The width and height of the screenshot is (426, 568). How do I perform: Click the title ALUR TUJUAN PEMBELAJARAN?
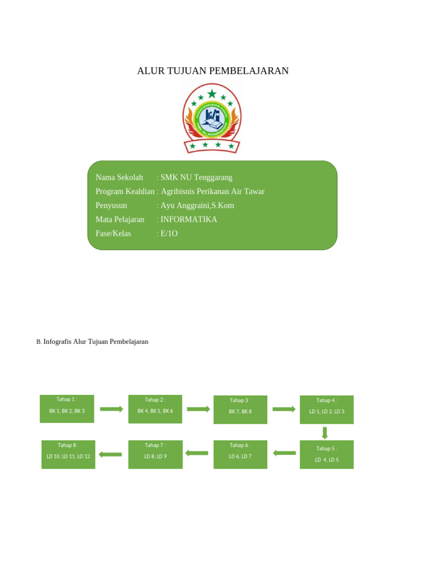tap(213, 71)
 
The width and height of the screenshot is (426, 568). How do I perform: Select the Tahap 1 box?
tap(67, 409)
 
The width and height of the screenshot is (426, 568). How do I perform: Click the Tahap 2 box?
tap(155, 409)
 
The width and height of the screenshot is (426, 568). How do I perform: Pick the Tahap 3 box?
tap(240, 409)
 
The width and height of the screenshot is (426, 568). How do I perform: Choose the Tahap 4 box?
tap(327, 409)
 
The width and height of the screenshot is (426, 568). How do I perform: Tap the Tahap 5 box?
tap(327, 454)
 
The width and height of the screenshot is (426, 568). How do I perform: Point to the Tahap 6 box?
tap(240, 454)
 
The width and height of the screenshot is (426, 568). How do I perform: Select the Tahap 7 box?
tap(155, 454)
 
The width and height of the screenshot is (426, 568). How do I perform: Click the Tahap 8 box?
tap(68, 454)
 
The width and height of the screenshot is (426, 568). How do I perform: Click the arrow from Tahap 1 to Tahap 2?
tap(111, 409)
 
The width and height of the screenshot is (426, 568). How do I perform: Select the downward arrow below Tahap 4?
tap(325, 433)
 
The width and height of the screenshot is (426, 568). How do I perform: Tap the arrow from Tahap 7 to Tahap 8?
tap(110, 454)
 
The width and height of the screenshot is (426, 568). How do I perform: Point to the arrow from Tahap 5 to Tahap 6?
tap(285, 453)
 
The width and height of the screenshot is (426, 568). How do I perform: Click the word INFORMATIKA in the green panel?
tap(189, 220)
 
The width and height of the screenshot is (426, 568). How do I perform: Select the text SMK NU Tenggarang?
tap(196, 177)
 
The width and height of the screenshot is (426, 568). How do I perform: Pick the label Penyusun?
tap(111, 206)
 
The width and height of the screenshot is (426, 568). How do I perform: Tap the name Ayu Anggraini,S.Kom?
tap(197, 206)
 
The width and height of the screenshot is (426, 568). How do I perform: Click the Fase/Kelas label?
tap(113, 234)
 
